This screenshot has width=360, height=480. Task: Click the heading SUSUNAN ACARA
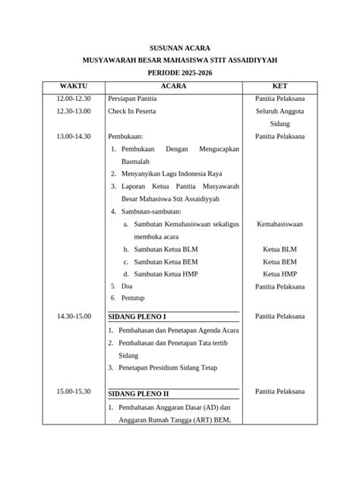point(179,46)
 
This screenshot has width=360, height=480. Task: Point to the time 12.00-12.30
point(74,99)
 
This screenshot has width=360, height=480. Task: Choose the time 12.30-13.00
point(74,112)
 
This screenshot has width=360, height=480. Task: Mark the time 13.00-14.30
point(74,137)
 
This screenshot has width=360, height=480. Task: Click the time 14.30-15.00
point(74,316)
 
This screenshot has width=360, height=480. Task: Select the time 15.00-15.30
point(74,392)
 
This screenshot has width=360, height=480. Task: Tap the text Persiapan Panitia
point(132,99)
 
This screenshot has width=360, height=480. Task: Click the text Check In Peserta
point(133,112)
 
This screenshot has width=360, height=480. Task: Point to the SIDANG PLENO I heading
point(137,316)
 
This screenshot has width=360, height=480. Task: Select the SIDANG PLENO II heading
point(139,394)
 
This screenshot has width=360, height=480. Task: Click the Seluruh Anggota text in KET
point(280,112)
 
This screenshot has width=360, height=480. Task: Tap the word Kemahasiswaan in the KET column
point(280,226)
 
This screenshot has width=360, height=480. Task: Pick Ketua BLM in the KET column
point(280,249)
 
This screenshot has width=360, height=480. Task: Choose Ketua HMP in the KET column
point(280,273)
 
